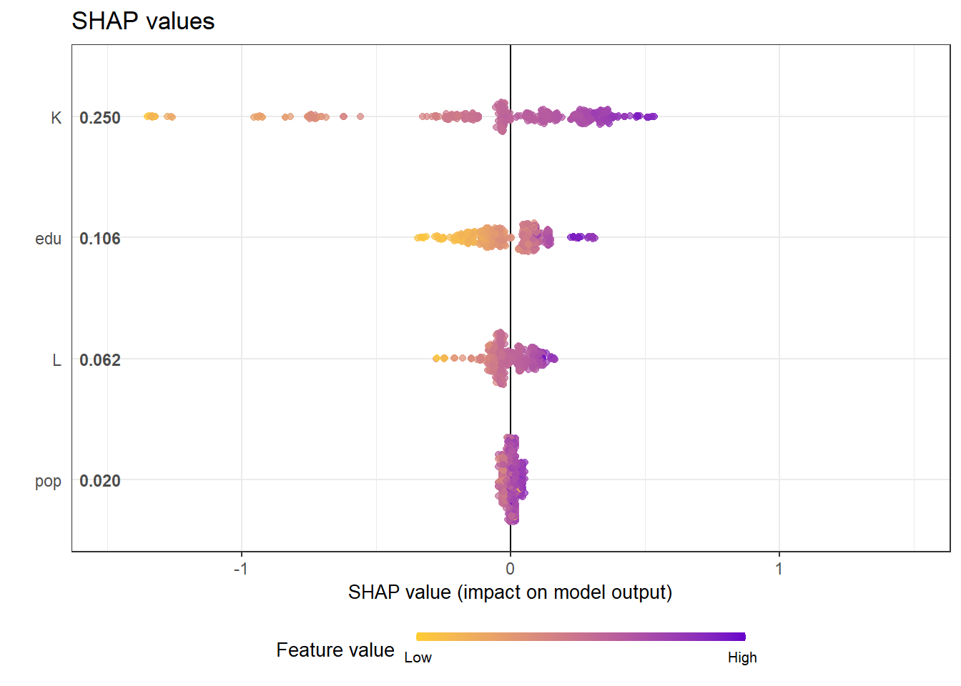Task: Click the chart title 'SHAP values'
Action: [143, 21]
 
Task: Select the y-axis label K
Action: [56, 118]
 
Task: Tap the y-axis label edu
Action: [48, 239]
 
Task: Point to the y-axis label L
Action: [56, 360]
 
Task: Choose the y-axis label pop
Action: [48, 482]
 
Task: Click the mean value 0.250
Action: [100, 118]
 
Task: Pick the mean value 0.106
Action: [100, 239]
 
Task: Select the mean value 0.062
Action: [100, 360]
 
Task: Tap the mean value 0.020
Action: [100, 481]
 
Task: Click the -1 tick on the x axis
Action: [240, 569]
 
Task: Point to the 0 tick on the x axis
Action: [510, 569]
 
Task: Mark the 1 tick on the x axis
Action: [779, 569]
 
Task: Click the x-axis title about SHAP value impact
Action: [510, 592]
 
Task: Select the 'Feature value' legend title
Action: [335, 650]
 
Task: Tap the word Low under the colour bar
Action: [418, 658]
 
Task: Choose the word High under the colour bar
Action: [742, 658]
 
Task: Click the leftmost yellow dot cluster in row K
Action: [151, 116]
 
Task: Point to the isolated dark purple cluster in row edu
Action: [582, 237]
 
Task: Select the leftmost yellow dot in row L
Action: [436, 358]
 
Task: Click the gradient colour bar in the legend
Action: [581, 637]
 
